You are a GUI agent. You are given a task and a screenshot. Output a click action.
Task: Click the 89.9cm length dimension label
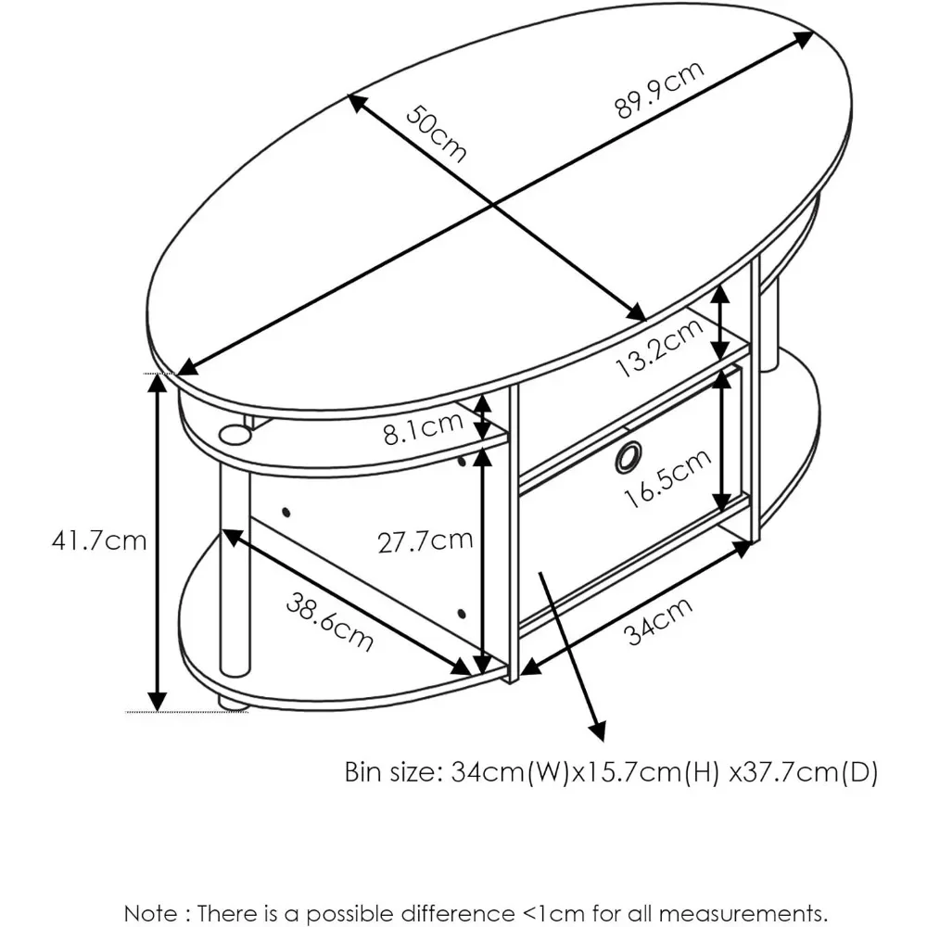(x=660, y=90)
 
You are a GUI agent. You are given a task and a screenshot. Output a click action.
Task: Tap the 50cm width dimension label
(x=436, y=133)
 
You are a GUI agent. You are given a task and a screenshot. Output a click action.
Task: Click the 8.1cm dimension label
(x=423, y=429)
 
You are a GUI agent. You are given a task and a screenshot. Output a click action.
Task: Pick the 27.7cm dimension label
(x=425, y=540)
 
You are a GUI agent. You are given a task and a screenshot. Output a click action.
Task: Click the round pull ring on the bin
(x=628, y=455)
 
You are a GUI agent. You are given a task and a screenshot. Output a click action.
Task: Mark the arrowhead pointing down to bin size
(x=598, y=730)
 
